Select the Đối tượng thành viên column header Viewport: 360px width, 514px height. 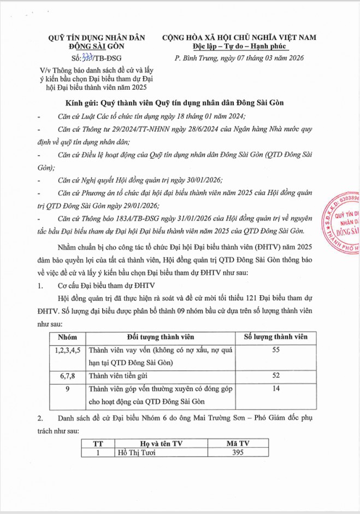(x=160, y=336)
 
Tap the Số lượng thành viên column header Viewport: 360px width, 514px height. (x=276, y=336)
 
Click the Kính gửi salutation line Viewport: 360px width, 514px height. (x=180, y=103)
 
